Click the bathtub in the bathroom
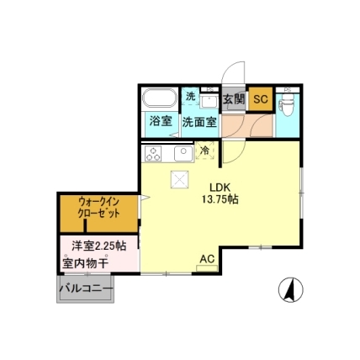160,98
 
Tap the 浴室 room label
161,121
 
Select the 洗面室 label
199,122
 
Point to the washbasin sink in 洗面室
209,101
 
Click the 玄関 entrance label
234,99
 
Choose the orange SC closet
261,99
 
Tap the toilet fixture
288,104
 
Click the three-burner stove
153,154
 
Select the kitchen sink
183,154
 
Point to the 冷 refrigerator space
205,151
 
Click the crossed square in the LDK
180,179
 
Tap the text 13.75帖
220,199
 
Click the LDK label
220,188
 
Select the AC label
207,259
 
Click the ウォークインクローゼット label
99,208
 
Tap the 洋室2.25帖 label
98,246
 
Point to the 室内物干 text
86,263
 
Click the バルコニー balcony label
86,289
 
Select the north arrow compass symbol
291,290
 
